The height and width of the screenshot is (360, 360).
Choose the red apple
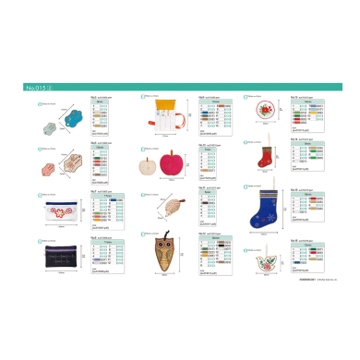[x=172, y=165]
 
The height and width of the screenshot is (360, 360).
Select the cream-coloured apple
[x=149, y=167]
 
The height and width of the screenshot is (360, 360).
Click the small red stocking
[x=266, y=158]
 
